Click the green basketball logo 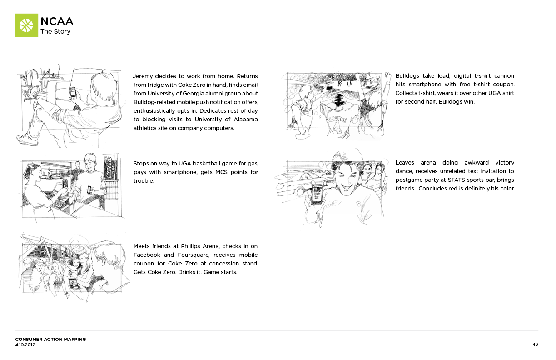tap(26, 25)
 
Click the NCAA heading tap(57, 21)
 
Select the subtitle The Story tap(55, 32)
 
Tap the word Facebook tap(147, 255)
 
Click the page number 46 tap(535, 345)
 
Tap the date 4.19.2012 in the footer tap(25, 345)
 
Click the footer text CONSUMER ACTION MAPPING tap(50, 340)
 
